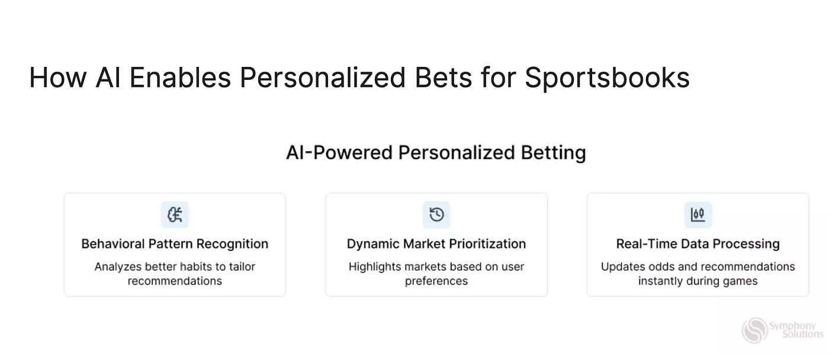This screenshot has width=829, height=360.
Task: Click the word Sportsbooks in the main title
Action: tap(607, 78)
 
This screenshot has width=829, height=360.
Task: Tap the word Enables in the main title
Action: tap(180, 78)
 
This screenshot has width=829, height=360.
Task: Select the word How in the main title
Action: tap(58, 78)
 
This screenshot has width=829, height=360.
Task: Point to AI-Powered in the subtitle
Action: tap(339, 153)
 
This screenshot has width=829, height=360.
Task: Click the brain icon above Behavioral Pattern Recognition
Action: tap(175, 214)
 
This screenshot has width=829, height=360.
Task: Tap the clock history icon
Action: tap(436, 214)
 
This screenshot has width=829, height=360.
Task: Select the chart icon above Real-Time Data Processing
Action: tap(698, 214)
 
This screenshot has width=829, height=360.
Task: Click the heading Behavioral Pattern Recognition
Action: tap(175, 244)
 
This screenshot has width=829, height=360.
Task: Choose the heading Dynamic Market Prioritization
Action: tap(436, 244)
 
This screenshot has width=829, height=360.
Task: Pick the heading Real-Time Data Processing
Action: tap(698, 244)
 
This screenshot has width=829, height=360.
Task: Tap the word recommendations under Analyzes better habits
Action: tap(175, 281)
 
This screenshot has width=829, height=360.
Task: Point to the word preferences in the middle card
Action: tap(436, 281)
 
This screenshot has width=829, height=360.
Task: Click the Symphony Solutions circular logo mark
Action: tap(755, 330)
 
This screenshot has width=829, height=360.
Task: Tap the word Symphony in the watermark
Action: tap(793, 326)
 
